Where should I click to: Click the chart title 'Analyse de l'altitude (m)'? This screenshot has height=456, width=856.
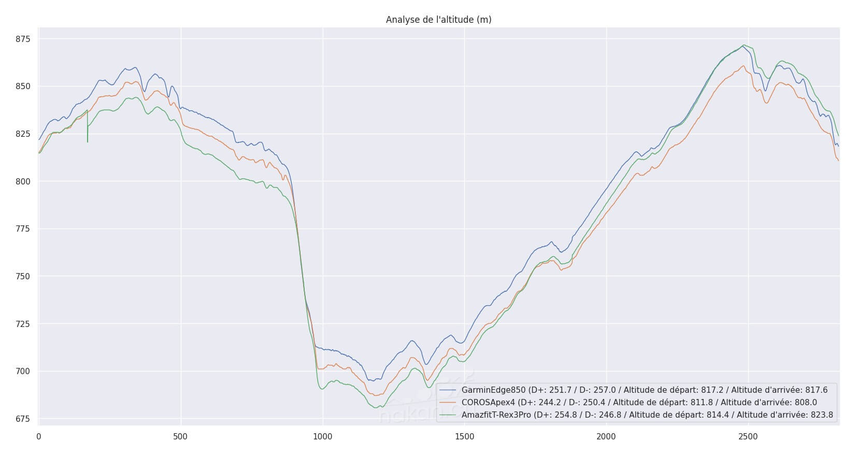(x=438, y=20)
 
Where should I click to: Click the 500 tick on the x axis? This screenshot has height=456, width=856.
(x=180, y=437)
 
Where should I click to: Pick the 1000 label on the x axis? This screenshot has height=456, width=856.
(x=322, y=437)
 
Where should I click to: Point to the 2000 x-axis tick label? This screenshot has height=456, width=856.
(x=606, y=437)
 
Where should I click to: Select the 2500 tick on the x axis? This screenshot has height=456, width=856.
(x=748, y=437)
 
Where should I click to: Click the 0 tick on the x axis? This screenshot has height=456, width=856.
(x=39, y=437)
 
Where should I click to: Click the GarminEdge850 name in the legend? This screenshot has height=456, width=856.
(x=493, y=390)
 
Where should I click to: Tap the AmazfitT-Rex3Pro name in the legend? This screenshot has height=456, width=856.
(x=496, y=415)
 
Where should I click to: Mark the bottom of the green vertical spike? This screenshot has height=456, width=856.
(x=88, y=141)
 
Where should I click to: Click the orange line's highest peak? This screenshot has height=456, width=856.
(x=744, y=66)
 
